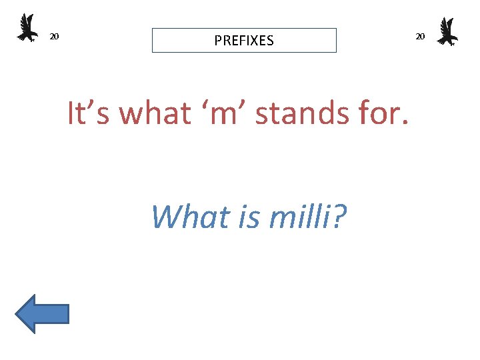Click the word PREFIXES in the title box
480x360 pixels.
click(x=244, y=41)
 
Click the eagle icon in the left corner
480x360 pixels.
click(x=27, y=29)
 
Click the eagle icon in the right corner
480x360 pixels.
click(x=447, y=31)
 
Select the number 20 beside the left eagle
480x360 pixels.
click(x=55, y=36)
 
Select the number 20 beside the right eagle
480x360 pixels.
click(x=420, y=36)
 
